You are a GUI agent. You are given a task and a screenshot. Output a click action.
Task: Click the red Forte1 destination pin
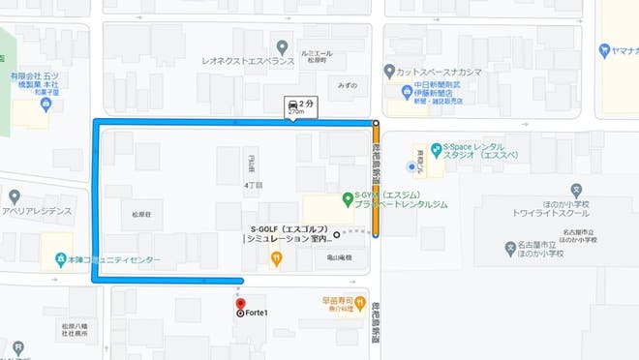241,302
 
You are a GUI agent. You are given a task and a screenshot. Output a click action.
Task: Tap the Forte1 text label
257,312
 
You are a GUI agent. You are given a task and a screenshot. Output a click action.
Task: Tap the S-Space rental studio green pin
436,150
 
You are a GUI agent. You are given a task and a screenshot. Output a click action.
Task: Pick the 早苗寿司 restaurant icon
359,302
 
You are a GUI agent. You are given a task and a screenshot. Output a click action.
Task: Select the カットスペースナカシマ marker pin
389,71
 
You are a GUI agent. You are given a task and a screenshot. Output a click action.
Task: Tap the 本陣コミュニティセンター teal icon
60,260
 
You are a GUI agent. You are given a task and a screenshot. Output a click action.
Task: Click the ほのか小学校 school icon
510,249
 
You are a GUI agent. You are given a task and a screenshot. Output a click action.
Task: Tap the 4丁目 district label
255,184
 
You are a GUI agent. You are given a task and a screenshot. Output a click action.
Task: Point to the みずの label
347,85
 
